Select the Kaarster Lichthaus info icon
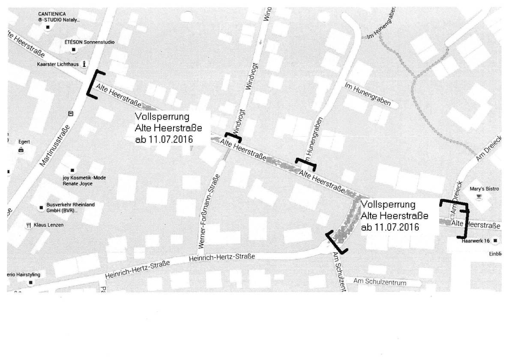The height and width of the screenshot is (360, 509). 84,64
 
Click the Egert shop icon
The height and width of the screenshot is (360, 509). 21,150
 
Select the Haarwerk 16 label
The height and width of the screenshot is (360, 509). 476,241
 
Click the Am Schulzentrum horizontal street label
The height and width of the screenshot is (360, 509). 380,282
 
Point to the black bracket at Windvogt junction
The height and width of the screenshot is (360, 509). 234,137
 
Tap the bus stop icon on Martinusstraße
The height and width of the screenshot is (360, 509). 71,114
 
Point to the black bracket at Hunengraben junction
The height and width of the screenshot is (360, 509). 306,163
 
